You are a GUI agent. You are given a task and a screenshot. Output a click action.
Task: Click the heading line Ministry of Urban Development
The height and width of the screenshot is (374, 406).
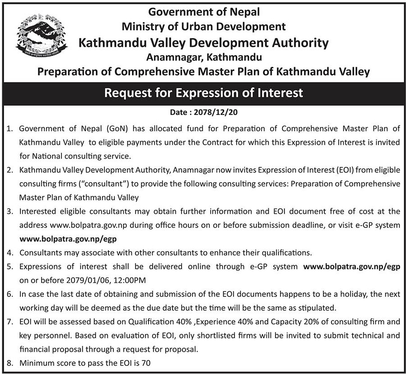[204, 27]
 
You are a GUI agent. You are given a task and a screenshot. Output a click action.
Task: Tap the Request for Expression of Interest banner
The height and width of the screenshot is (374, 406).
[203, 93]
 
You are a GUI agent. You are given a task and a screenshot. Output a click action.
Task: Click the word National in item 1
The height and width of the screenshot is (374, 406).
[49, 157]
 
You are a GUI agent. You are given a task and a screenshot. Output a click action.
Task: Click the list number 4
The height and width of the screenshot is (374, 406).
[9, 253]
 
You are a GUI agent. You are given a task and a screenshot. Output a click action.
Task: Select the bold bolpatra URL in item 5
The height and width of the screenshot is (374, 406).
[351, 267]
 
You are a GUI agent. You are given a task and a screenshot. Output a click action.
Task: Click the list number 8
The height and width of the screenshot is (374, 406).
[9, 363]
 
